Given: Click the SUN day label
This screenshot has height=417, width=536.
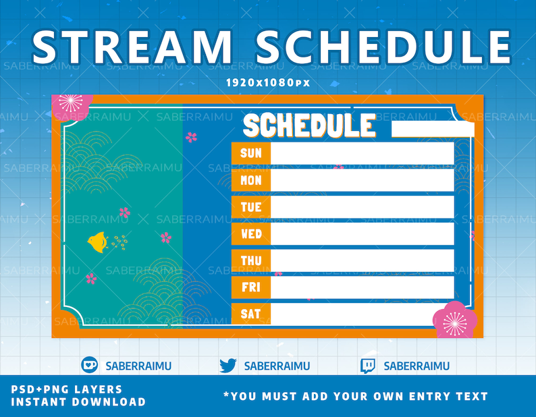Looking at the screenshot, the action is pos(251,153).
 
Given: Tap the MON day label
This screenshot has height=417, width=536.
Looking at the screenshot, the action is pos(251,180).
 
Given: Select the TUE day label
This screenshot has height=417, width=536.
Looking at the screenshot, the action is pos(251,207).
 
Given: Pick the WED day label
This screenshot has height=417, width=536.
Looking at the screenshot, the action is pos(251,233).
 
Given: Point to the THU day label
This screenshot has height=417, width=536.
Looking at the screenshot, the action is pos(251,261).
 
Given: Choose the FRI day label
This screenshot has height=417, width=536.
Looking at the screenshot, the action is pos(251,287).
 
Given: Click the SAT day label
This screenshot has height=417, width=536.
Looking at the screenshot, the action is pos(251,314).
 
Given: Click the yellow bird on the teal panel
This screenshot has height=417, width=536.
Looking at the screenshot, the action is pos(98,242).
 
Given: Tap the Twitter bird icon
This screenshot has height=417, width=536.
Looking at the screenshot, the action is pos(228,366).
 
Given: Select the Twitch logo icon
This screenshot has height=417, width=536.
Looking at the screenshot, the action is pos(368,366).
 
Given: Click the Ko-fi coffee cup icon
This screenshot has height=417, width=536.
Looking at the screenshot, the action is pos(90,364).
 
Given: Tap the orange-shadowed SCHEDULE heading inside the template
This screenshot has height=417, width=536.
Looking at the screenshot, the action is pos(309,125).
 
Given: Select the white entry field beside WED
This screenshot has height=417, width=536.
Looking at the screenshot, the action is pos(363,233).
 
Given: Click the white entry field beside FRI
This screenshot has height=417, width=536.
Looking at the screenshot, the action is pos(363,287).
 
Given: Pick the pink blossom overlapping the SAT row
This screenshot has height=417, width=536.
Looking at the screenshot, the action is pos(454,321).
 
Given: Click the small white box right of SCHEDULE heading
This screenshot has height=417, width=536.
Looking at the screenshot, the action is pos(433,129).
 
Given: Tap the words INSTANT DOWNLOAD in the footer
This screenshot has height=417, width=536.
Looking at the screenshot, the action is pos(78,401).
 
